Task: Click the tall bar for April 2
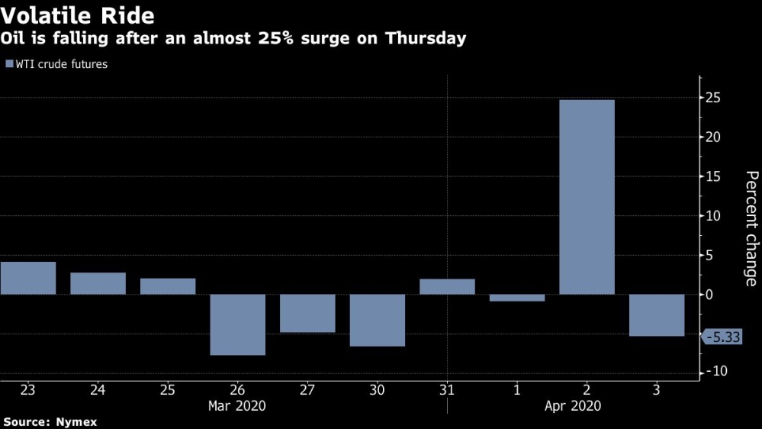pos(587,197)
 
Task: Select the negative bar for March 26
pos(238,324)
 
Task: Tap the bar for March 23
pos(28,278)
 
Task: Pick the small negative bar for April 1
pos(517,298)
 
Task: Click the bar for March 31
pos(447,286)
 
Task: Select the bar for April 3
pos(657,314)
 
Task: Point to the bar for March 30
pos(378,320)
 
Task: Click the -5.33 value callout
pos(722,337)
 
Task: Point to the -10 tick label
pos(716,372)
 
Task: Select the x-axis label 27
pos(307,390)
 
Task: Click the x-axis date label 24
pos(98,390)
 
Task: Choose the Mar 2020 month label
pos(237,406)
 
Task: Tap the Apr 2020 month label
pos(573,406)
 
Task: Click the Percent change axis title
pos(751,228)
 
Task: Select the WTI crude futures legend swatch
pos(9,64)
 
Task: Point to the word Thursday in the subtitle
pos(426,38)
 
